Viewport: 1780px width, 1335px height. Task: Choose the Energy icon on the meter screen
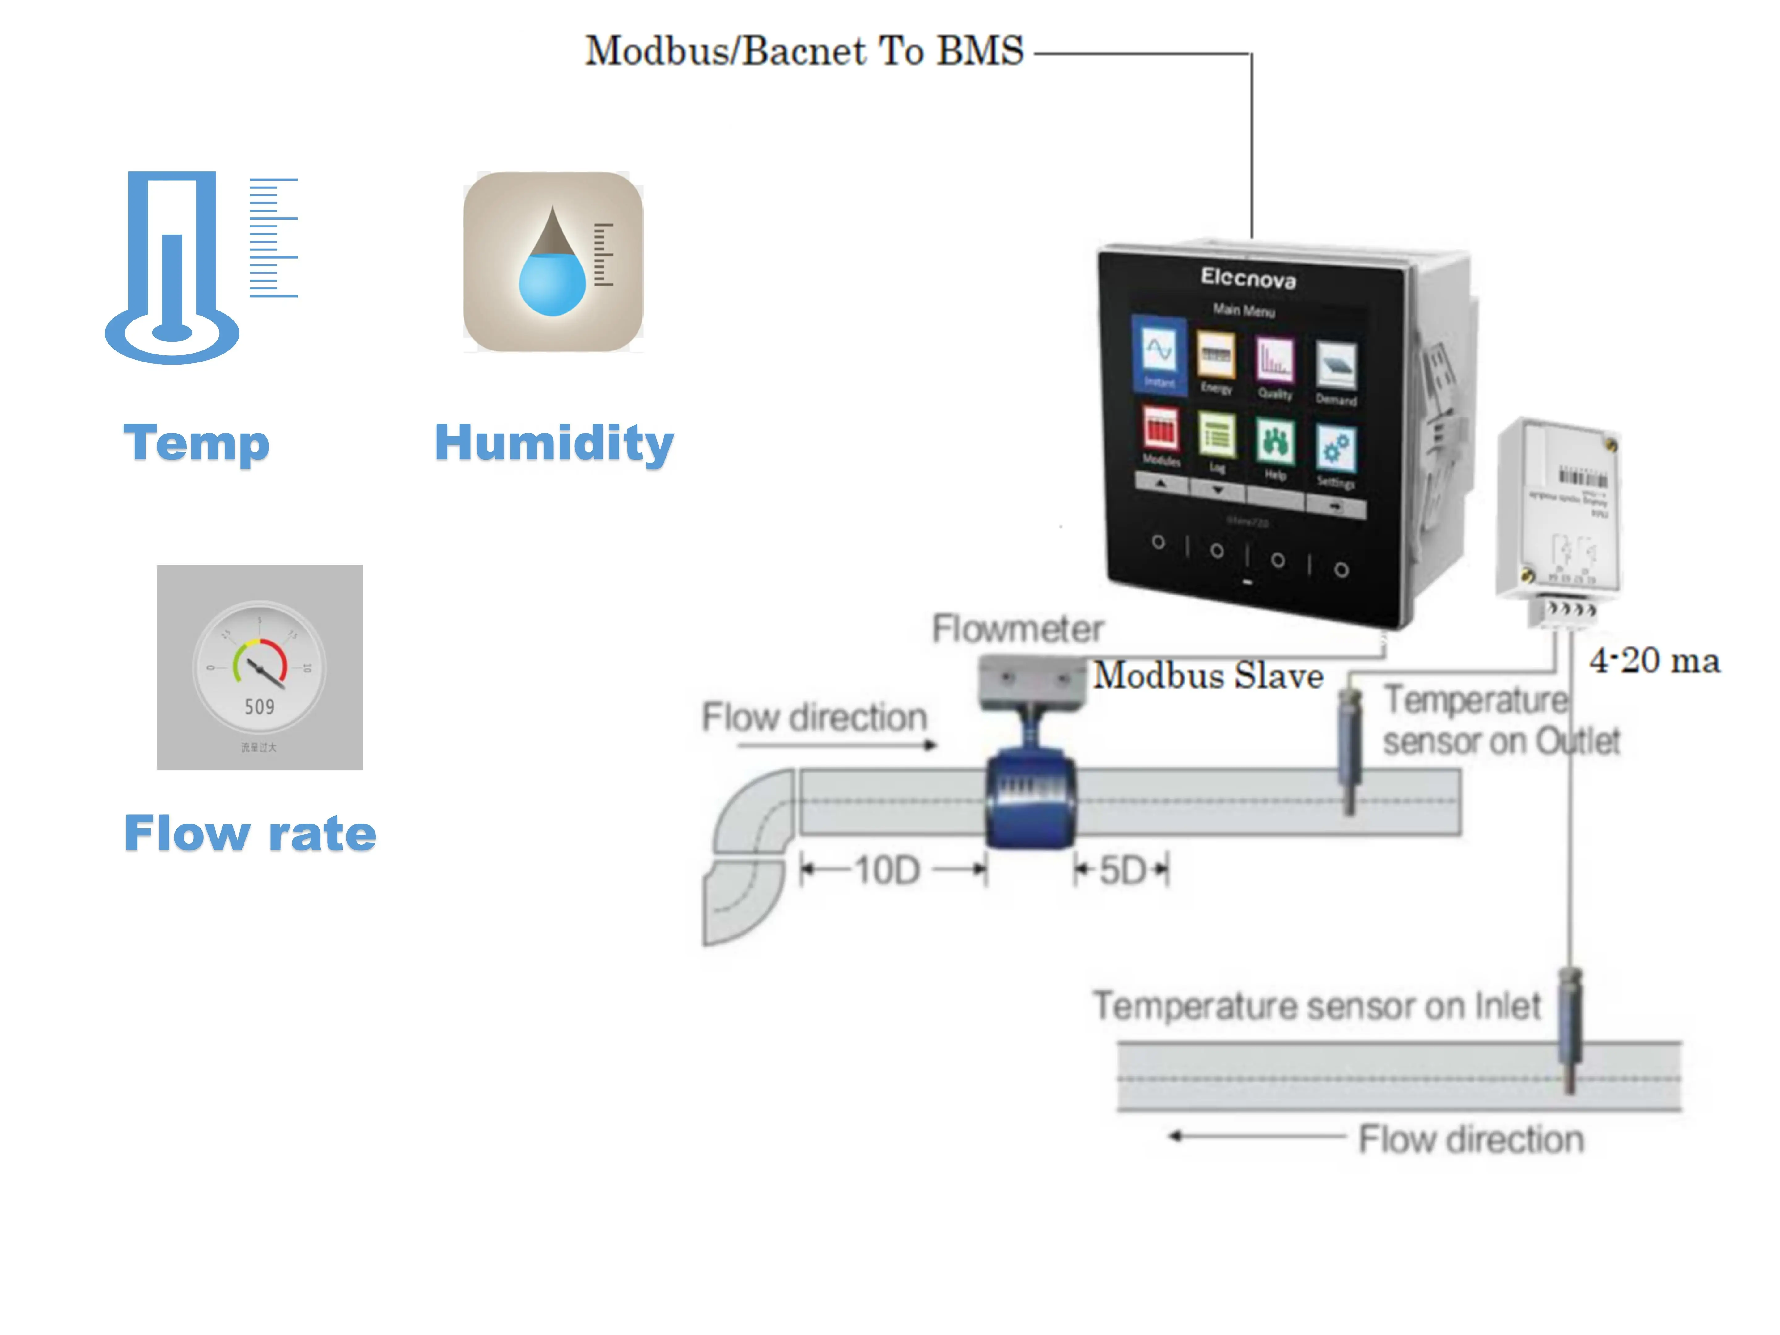pos(1216,356)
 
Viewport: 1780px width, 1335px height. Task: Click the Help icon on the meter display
pos(1275,443)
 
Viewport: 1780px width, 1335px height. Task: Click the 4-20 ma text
pos(1654,661)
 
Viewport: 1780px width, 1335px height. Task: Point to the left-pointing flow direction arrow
pos(1255,1136)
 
